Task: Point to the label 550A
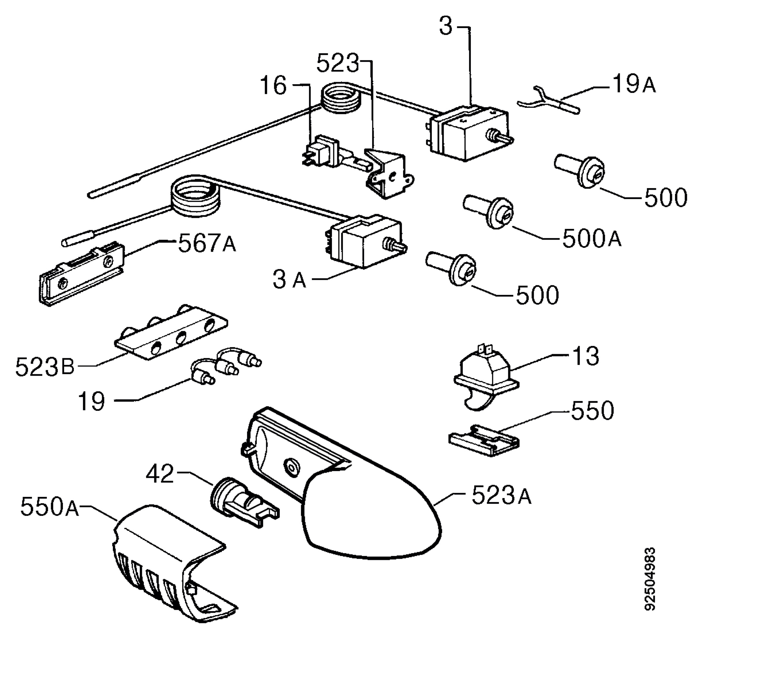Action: point(49,507)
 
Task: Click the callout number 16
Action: point(273,85)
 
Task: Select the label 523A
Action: point(501,495)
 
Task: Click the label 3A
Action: point(289,280)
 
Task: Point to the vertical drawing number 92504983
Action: point(650,584)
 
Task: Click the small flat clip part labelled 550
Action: point(484,440)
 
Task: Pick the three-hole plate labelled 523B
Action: point(171,332)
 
